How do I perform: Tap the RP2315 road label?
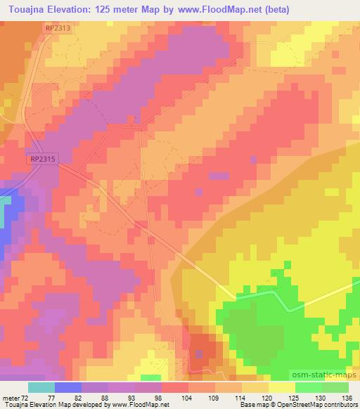(42, 160)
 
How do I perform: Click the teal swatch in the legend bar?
(41, 387)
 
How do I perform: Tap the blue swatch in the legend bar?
(68, 387)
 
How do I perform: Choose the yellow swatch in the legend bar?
(281, 387)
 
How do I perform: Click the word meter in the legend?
(11, 397)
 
